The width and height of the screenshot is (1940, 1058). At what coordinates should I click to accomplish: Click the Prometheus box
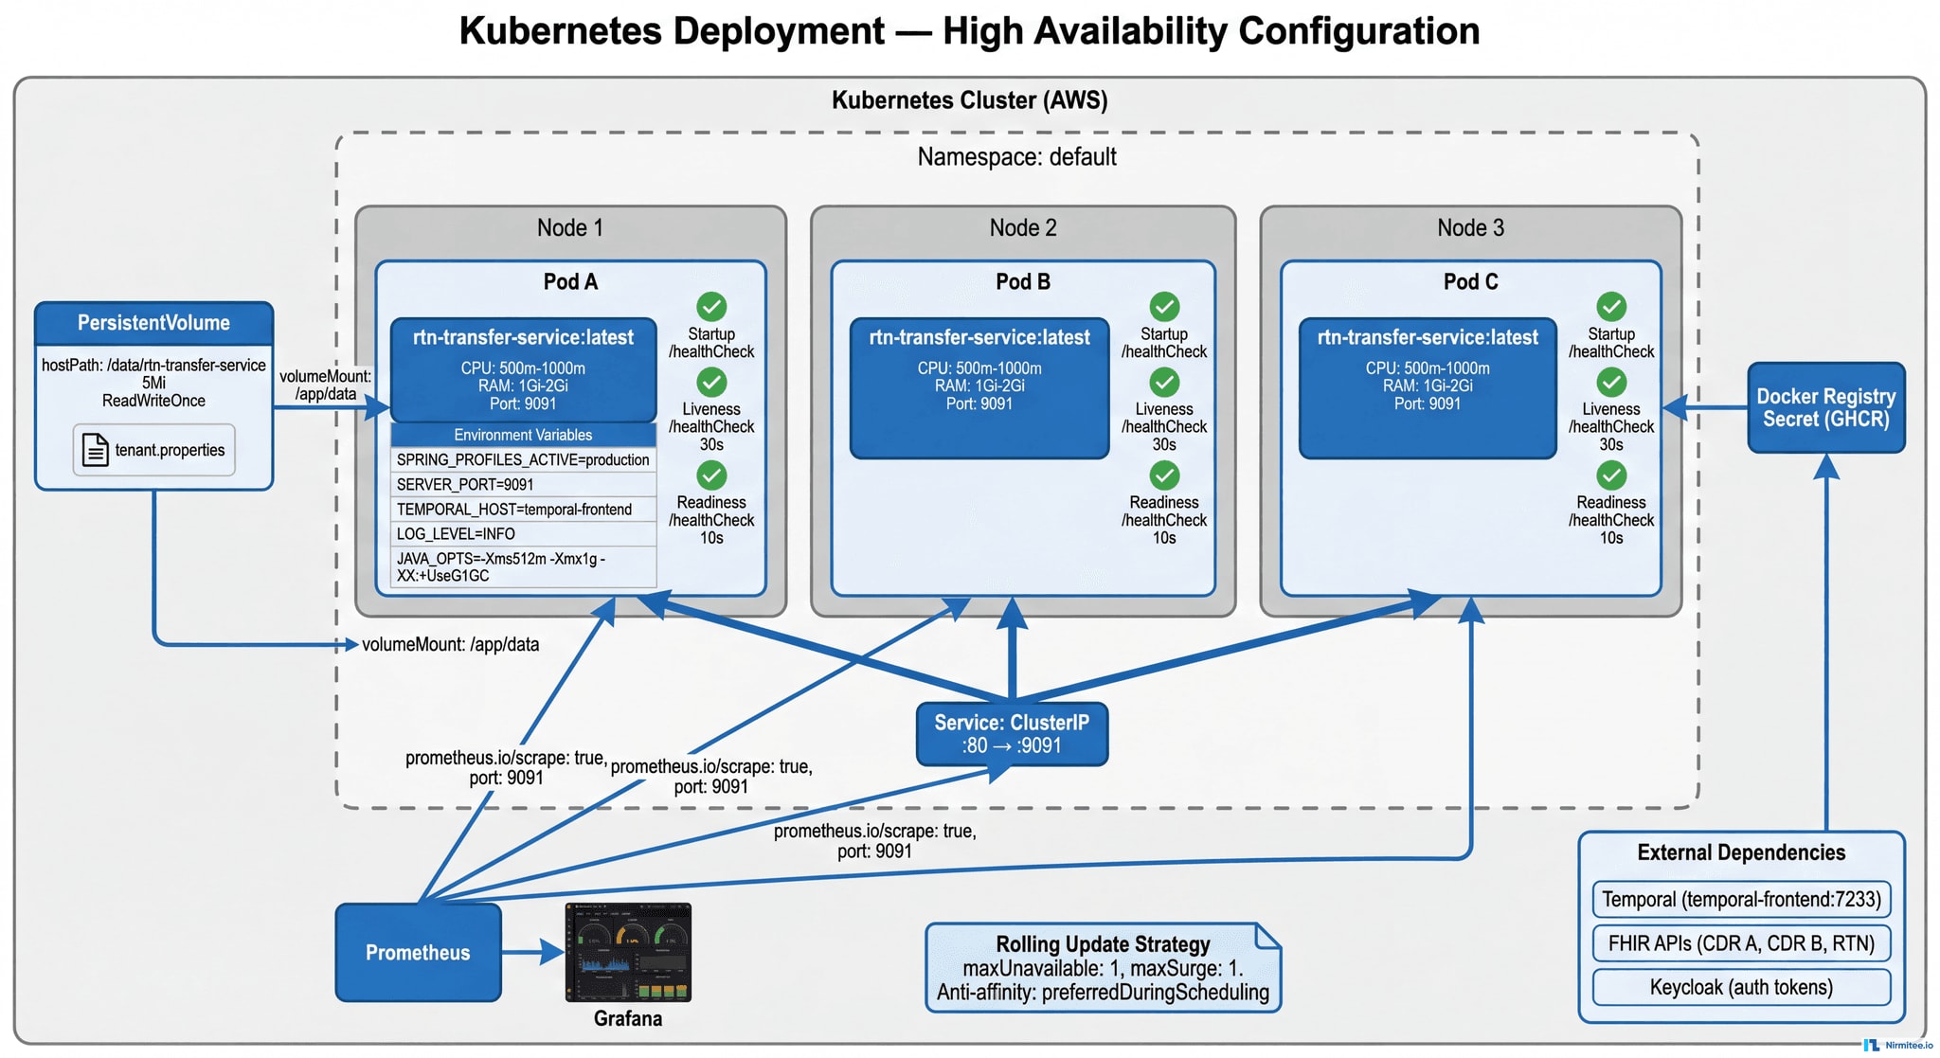pos(418,952)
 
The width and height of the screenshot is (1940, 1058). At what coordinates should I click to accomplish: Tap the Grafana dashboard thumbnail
pos(628,952)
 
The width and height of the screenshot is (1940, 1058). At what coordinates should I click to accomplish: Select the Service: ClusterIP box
pos(1012,734)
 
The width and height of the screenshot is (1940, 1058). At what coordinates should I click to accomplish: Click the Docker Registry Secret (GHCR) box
pos(1825,407)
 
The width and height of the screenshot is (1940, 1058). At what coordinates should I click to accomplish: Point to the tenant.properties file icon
pos(96,450)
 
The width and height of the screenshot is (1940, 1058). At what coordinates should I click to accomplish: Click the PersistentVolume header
pos(153,323)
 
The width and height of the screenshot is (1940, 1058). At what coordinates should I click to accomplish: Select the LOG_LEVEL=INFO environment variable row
pos(523,534)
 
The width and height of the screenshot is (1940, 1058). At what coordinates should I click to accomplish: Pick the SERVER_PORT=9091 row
pos(523,485)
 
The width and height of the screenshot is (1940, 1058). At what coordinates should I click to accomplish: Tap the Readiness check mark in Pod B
pos(1164,475)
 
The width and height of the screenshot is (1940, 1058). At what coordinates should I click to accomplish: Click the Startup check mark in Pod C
pos(1611,306)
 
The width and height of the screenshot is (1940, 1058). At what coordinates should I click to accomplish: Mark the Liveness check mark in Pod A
pos(711,382)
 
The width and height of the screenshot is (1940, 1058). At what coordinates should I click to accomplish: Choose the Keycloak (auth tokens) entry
pos(1741,987)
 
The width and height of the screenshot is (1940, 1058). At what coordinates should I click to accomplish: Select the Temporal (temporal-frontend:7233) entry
pos(1741,899)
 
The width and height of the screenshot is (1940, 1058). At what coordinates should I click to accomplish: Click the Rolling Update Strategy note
pos(1103,968)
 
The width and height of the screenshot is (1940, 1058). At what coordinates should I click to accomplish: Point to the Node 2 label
pos(1023,228)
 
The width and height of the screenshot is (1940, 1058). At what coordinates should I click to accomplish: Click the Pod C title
pos(1470,282)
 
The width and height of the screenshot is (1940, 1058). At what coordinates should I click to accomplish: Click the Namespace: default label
pos(1016,157)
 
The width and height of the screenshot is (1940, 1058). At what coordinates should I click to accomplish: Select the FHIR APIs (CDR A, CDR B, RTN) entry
pos(1741,943)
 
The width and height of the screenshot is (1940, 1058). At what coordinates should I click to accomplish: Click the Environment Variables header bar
pos(523,435)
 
